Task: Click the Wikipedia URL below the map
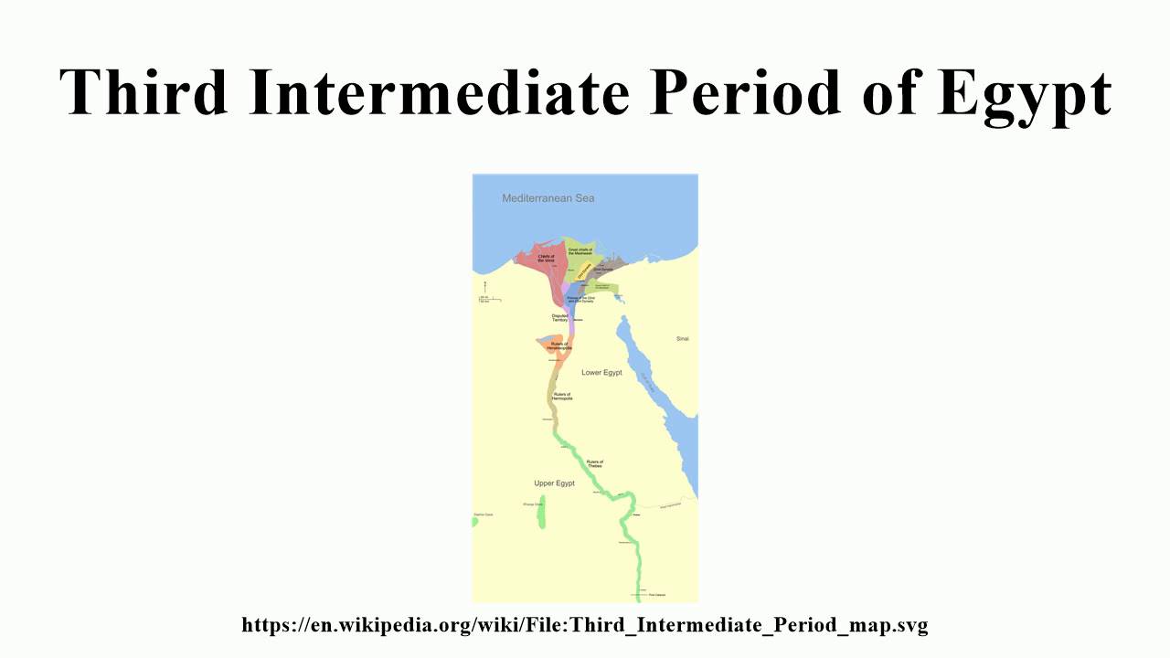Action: point(585,625)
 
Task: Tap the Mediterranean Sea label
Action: point(548,198)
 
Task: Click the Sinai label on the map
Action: point(682,339)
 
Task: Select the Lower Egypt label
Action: point(601,373)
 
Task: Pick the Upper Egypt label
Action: point(554,483)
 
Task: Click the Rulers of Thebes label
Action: point(595,463)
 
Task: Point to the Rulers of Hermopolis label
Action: point(562,396)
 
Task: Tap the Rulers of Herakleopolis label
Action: point(558,345)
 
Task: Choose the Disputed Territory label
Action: point(560,317)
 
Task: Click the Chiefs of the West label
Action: point(546,259)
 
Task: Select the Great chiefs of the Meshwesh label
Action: point(580,250)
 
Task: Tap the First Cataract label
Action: point(656,595)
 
